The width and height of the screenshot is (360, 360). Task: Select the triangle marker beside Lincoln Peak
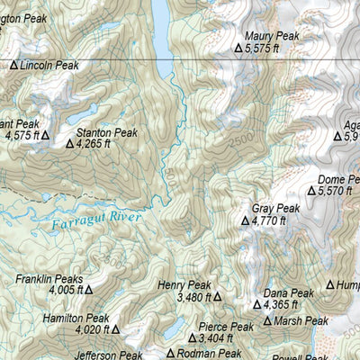coord(14,65)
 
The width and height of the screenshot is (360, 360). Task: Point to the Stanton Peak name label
coord(107,132)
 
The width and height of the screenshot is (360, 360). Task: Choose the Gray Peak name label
coord(275,208)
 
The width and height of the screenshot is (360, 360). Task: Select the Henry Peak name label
coord(184,284)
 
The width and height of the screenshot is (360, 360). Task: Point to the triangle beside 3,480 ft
coord(217,296)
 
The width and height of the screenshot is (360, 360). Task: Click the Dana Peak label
coord(288,293)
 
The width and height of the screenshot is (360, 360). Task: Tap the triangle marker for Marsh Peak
coord(267,320)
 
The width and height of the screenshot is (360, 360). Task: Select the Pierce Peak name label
coord(226,327)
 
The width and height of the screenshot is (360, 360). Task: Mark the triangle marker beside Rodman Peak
coord(171,354)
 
